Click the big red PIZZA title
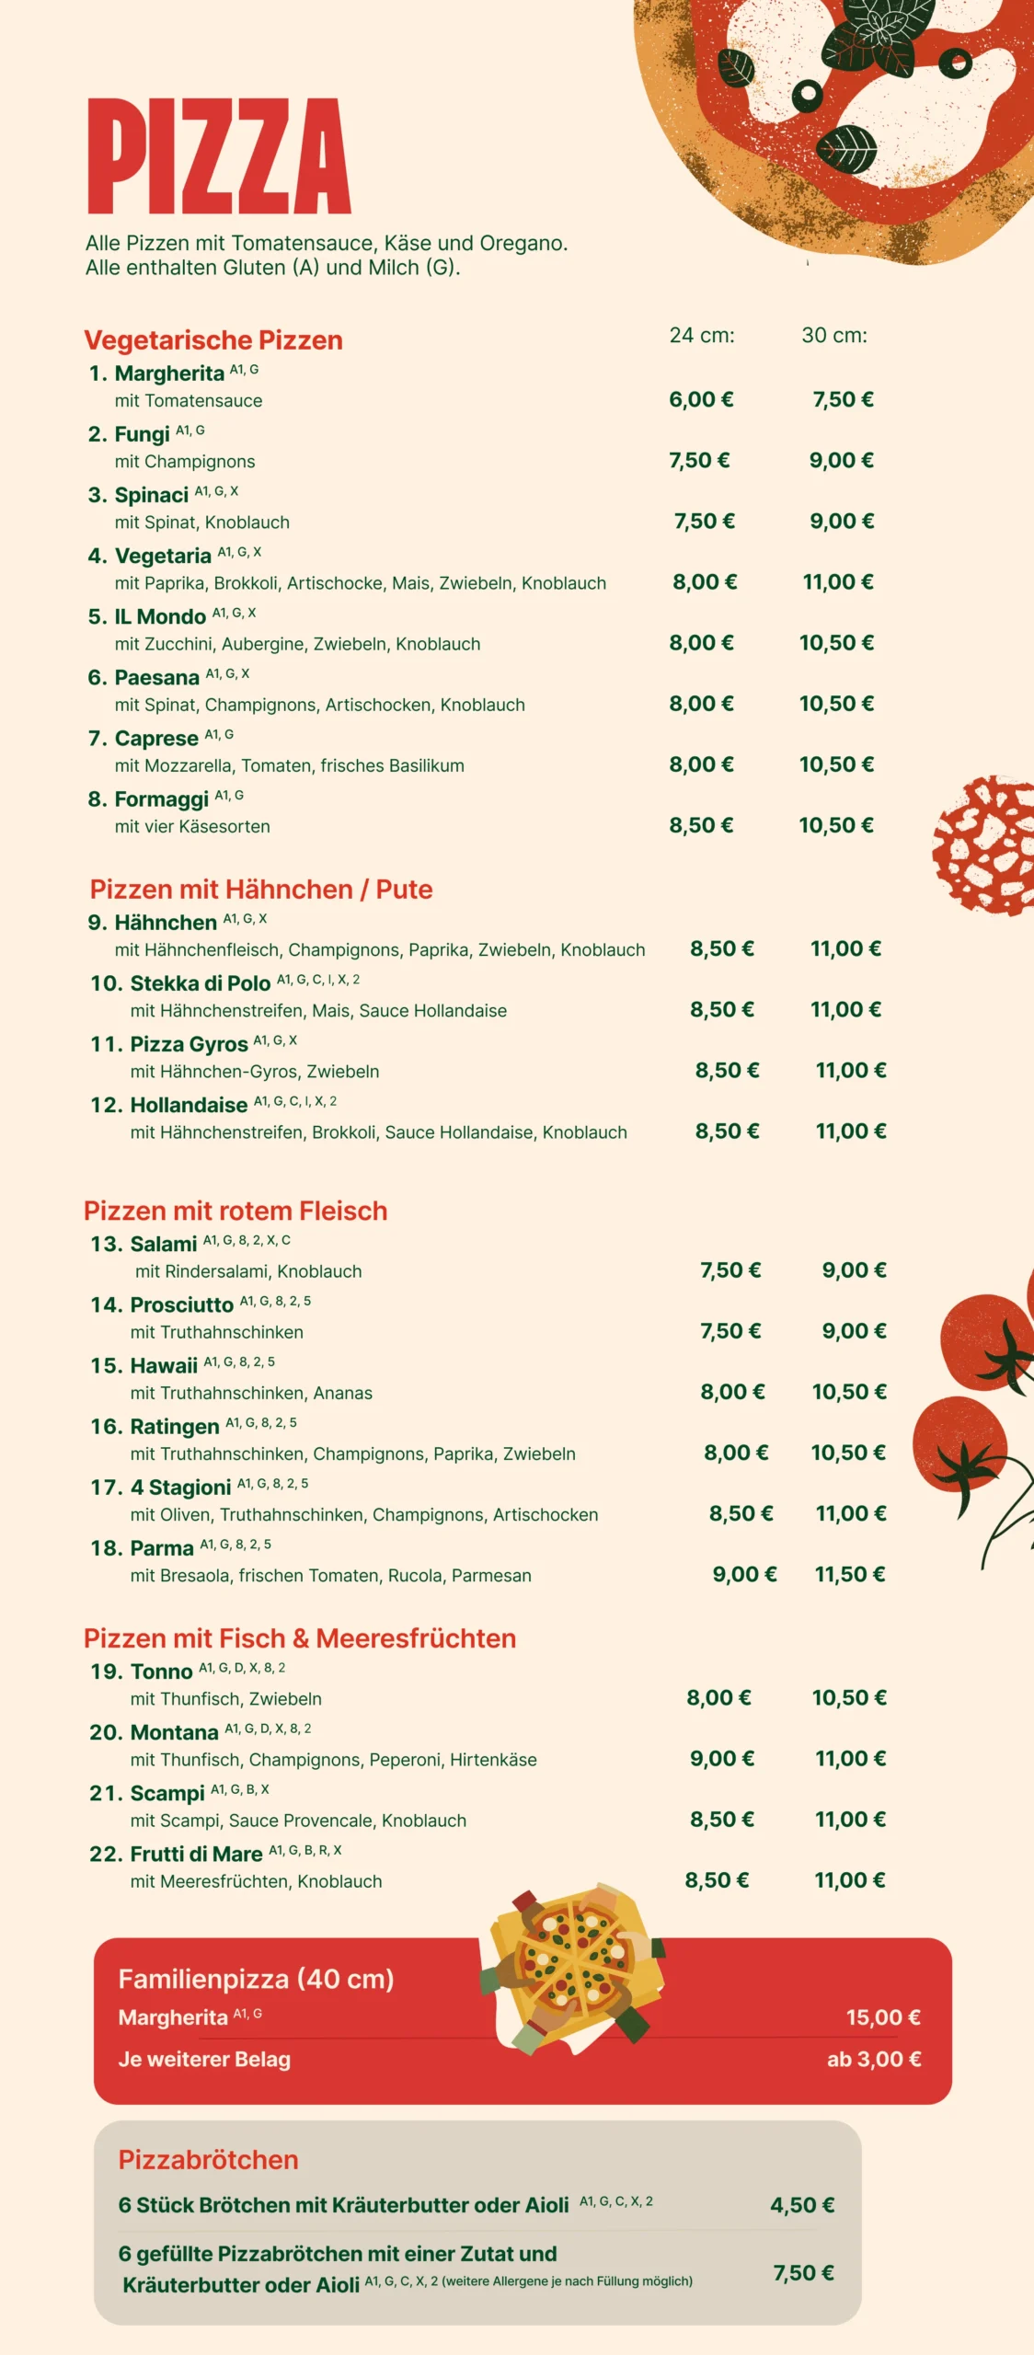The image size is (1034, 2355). coord(219,156)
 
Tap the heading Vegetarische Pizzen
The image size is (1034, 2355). coord(213,340)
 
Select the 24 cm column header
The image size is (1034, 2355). coord(702,336)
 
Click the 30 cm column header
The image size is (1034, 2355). coord(834,336)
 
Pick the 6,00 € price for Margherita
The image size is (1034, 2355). coord(701,399)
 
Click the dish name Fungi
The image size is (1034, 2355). coord(142,434)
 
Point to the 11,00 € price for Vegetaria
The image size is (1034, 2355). coord(838,581)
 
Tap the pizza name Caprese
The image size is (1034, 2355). coord(156,739)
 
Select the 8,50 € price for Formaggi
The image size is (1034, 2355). coord(701,825)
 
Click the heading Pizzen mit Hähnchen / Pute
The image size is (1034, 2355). coord(261,890)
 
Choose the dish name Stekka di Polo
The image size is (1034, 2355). coord(201,983)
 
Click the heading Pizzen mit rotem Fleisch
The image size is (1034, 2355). coord(236,1211)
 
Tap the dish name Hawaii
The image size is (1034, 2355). coord(164,1366)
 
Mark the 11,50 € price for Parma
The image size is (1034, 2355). coord(850,1574)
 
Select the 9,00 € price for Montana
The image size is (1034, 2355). coord(722,1758)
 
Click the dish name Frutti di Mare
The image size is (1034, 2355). coord(196,1854)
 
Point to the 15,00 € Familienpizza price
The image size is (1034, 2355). coord(883,2017)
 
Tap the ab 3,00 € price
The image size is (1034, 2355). coord(874,2059)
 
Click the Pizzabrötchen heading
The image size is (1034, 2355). coord(209,2160)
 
